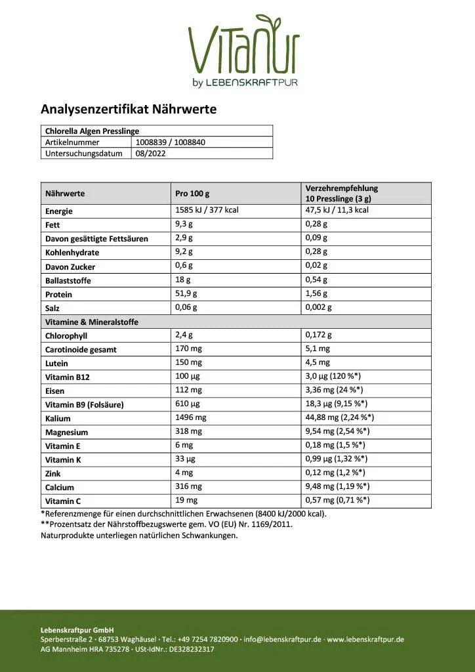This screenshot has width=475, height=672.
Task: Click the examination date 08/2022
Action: tap(150, 154)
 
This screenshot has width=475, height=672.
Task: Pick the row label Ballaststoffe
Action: tap(68, 281)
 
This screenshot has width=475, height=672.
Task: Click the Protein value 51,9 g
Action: tap(186, 294)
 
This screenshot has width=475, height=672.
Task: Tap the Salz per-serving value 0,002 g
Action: tap(319, 307)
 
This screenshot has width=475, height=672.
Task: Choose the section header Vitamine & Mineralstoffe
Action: tap(91, 322)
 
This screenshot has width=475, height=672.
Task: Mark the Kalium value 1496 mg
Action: tap(190, 417)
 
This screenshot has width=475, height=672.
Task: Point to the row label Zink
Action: tap(54, 474)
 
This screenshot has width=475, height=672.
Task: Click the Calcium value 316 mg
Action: tap(188, 487)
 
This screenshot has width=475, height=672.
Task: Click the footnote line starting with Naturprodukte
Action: tap(139, 535)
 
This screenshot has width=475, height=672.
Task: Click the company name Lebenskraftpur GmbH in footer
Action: tap(77, 629)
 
